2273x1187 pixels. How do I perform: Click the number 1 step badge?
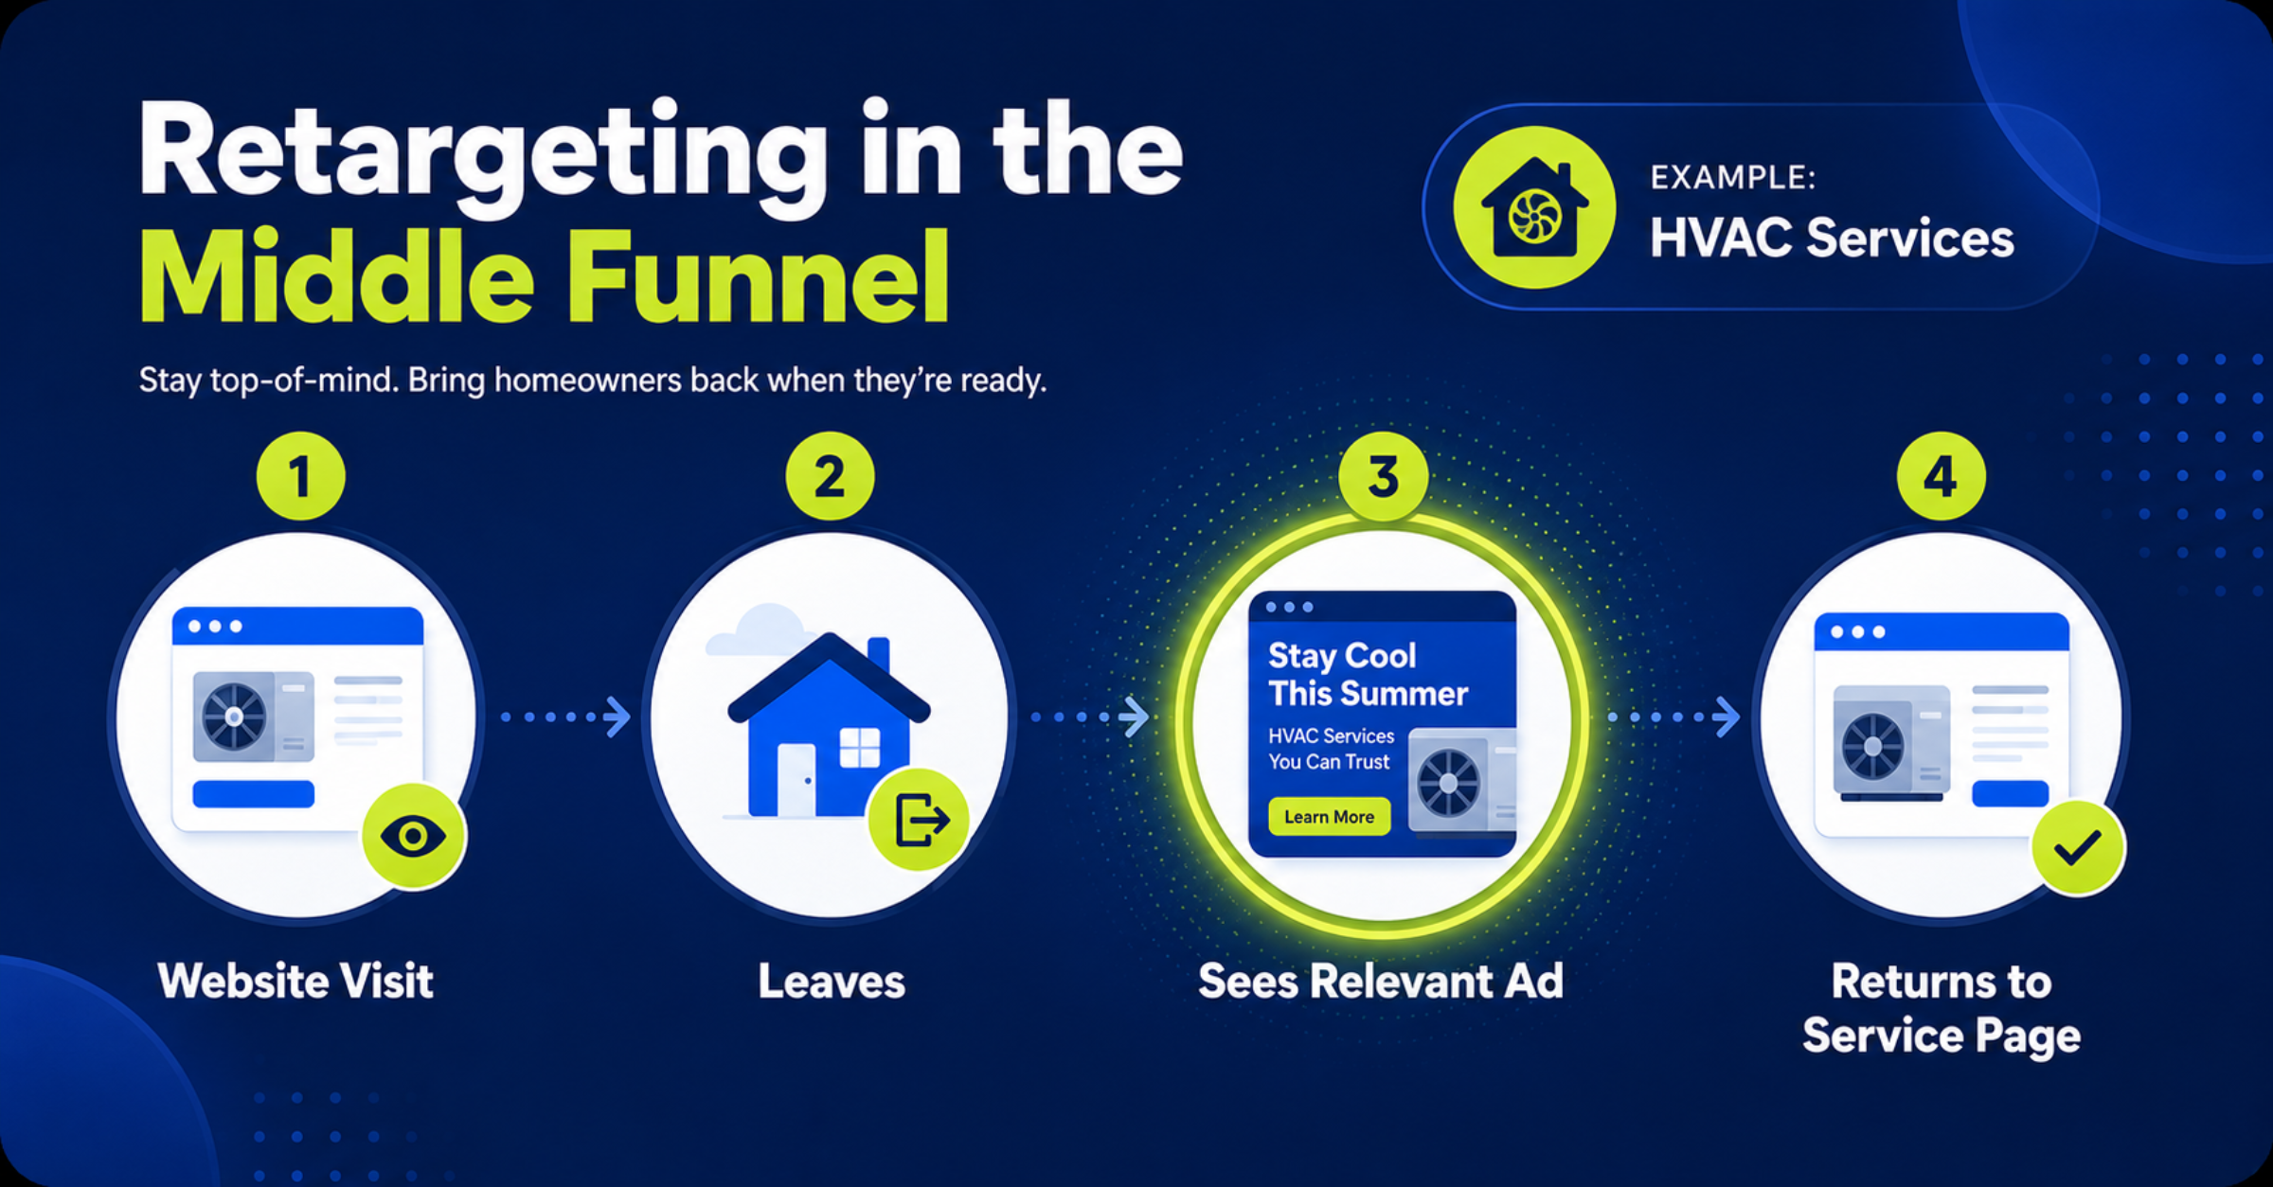[300, 476]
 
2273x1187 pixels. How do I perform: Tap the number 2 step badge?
[830, 476]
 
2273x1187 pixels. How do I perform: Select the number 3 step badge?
[1383, 476]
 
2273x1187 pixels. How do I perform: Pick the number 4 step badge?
[1941, 476]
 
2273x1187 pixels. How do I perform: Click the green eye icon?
[413, 836]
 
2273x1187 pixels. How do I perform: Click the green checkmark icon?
[2078, 847]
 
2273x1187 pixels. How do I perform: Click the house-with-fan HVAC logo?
[1534, 207]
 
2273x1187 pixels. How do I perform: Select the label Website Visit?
[295, 981]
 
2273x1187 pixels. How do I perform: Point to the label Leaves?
[832, 982]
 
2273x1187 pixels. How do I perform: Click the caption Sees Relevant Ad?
[1381, 981]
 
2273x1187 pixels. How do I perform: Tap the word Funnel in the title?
[758, 278]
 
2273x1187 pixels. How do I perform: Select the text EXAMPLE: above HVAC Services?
[1733, 177]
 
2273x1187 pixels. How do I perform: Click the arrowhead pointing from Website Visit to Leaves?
[618, 717]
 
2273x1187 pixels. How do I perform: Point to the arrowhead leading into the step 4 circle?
[1727, 717]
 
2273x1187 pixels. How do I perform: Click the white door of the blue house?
[796, 780]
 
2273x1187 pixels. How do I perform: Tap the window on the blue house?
[860, 748]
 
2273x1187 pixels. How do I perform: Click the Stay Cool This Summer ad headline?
[1368, 674]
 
